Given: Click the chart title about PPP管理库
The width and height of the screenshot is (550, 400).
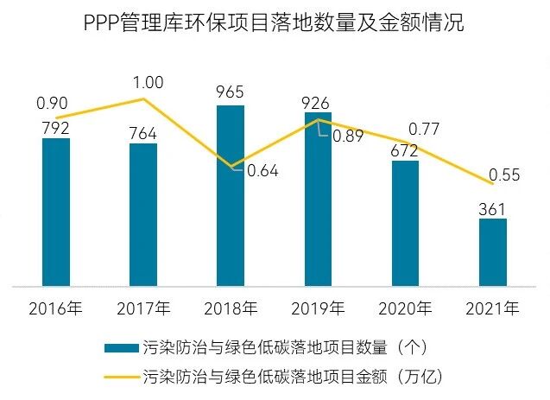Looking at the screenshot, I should [275, 23].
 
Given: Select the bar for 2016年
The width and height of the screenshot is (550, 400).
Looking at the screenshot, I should [56, 212].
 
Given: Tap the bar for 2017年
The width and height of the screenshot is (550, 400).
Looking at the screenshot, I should [143, 214].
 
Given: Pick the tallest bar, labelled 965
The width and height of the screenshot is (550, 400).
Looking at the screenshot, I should [231, 195].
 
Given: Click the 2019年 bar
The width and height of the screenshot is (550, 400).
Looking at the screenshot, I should [318, 199].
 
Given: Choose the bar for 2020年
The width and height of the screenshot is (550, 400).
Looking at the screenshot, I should [405, 223].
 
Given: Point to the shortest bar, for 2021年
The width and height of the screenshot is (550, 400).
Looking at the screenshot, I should [492, 251].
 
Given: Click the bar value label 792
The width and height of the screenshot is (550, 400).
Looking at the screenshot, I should [55, 127].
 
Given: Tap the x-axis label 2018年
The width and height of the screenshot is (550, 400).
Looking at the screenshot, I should [231, 308].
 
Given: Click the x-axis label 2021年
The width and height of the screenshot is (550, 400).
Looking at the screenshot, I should [492, 308].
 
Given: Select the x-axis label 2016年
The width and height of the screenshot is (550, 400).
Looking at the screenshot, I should [56, 308].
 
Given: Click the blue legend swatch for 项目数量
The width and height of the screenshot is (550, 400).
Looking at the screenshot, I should [119, 347].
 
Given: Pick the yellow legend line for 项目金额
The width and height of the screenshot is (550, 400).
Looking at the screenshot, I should [119, 377].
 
